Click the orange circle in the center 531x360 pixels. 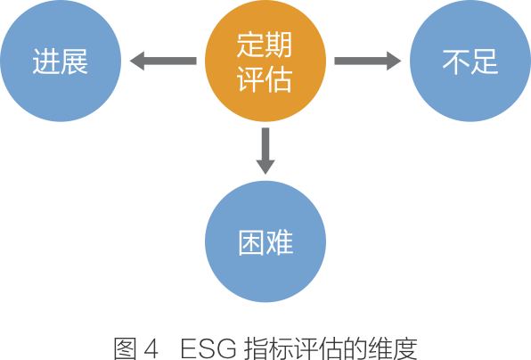tap(265, 61)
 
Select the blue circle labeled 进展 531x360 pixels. tap(61, 61)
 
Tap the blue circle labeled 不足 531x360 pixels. tap(470, 61)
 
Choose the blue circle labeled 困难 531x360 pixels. tap(265, 241)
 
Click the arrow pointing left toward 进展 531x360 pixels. tap(163, 61)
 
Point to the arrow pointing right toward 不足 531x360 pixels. tap(368, 61)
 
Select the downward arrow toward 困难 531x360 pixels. tap(265, 151)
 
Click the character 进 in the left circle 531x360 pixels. tap(46, 61)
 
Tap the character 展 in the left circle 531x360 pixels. tap(75, 61)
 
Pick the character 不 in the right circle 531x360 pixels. tap(456, 61)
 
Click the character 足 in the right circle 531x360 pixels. tap(485, 61)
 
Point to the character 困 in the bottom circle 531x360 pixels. tap(251, 242)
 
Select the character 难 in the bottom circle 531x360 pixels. tap(280, 242)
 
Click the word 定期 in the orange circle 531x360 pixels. tap(265, 45)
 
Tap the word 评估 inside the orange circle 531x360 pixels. tap(265, 79)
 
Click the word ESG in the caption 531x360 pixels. tap(208, 348)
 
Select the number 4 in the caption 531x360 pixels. tap(151, 348)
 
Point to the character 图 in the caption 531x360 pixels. tap(126, 348)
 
